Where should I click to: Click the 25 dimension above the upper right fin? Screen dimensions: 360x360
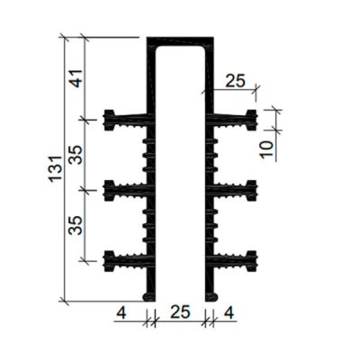coord(234,81)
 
